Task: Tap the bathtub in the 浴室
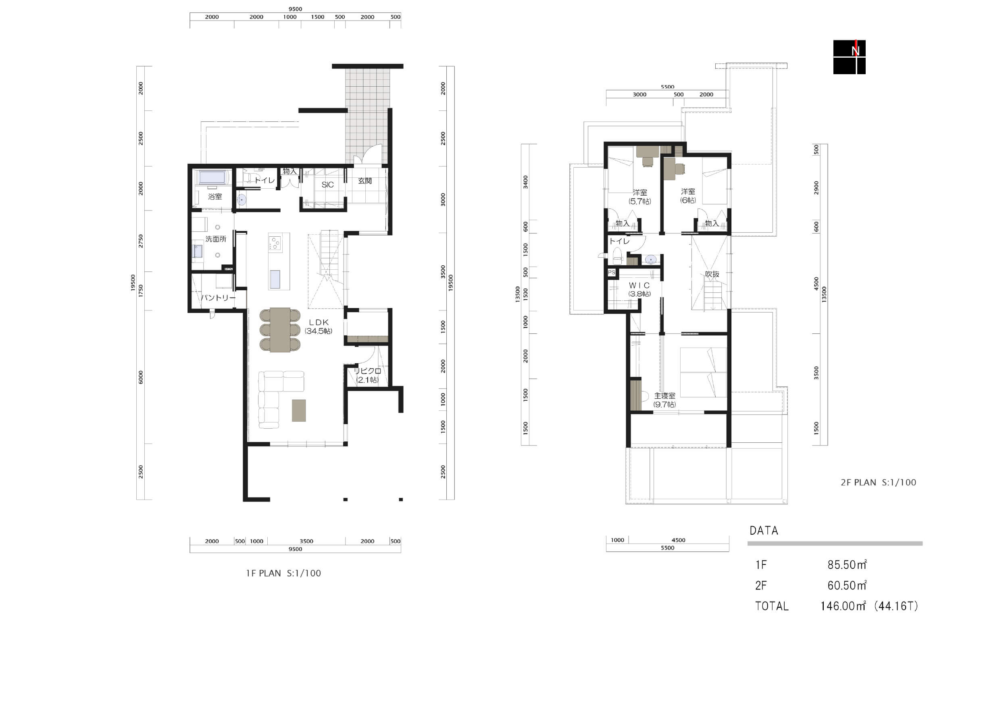coord(212,178)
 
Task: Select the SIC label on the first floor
coord(327,185)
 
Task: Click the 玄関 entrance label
coord(365,181)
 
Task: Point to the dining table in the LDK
coord(280,330)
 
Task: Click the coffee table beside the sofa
coord(299,410)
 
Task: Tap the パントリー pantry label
coord(218,298)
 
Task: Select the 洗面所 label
coord(216,239)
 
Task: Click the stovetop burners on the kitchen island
coord(275,243)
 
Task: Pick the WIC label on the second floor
coord(639,285)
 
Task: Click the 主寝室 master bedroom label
coord(665,396)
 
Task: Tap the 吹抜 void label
coord(712,274)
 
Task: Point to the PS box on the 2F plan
coord(612,273)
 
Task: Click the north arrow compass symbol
coord(850,57)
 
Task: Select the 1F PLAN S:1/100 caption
coord(283,573)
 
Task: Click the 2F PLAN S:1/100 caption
coord(879,482)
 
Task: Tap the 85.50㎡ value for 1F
coord(847,564)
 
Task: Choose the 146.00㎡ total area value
coord(843,606)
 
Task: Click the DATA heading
coord(764,531)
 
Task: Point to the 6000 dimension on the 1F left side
coord(140,377)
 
